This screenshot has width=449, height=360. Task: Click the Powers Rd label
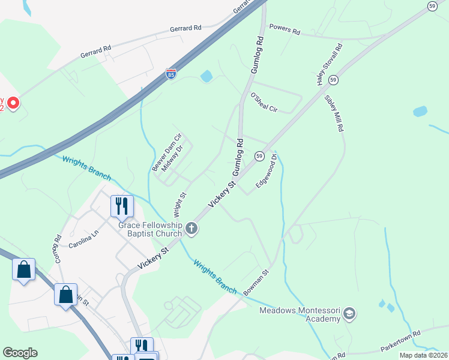tap(284, 28)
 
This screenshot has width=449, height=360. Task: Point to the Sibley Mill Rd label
tap(334, 113)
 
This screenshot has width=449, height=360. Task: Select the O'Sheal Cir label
tap(264, 102)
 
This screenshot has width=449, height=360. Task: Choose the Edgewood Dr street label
tap(266, 170)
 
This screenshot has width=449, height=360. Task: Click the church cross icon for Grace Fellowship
tap(191, 227)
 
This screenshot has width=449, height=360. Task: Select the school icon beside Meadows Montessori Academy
tap(349, 313)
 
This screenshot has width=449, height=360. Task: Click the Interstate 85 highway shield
tap(171, 75)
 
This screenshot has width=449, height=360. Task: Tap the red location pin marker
tap(13, 103)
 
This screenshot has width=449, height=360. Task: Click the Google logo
tap(20, 353)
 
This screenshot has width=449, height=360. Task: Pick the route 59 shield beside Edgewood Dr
tap(259, 156)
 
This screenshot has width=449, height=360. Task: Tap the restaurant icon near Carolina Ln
tap(122, 206)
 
